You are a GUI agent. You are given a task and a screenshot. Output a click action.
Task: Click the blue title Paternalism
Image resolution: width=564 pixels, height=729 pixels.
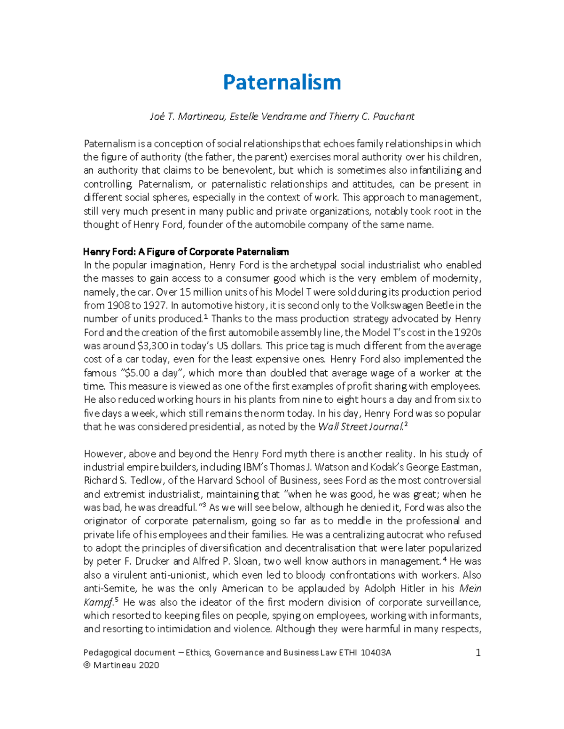[282, 82]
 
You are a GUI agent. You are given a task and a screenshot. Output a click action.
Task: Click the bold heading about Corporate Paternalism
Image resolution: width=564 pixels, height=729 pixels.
[186, 252]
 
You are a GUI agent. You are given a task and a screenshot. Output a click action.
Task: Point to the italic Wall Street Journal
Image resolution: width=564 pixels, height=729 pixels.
[360, 427]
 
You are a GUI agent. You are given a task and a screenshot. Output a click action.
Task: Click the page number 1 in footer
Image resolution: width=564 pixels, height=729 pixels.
[478, 653]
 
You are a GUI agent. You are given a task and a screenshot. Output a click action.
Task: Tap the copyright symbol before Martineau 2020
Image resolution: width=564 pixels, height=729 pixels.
[87, 665]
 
